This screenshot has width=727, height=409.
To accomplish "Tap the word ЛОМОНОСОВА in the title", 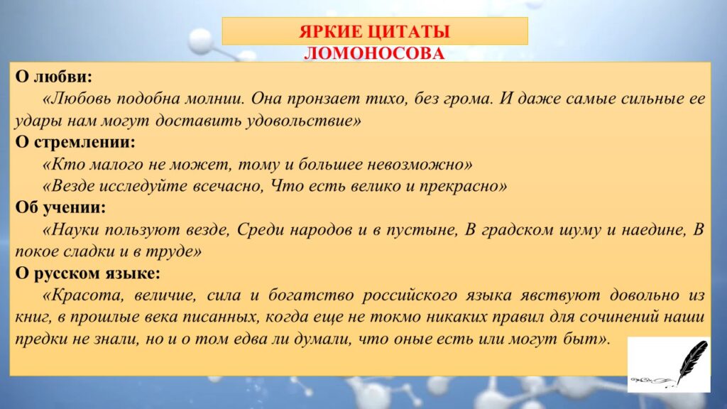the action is (374, 53).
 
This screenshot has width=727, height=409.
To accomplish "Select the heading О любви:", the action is (54, 76).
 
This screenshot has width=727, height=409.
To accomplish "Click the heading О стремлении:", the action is (75, 142).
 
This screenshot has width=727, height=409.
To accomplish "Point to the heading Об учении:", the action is (60, 207).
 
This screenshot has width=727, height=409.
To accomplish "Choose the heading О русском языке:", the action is (87, 273).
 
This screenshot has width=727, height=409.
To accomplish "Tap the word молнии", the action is (214, 98).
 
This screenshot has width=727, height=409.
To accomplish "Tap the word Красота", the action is (87, 295).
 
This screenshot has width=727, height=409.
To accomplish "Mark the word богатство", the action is (311, 295).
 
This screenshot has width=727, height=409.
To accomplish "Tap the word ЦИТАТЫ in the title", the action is (412, 31).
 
